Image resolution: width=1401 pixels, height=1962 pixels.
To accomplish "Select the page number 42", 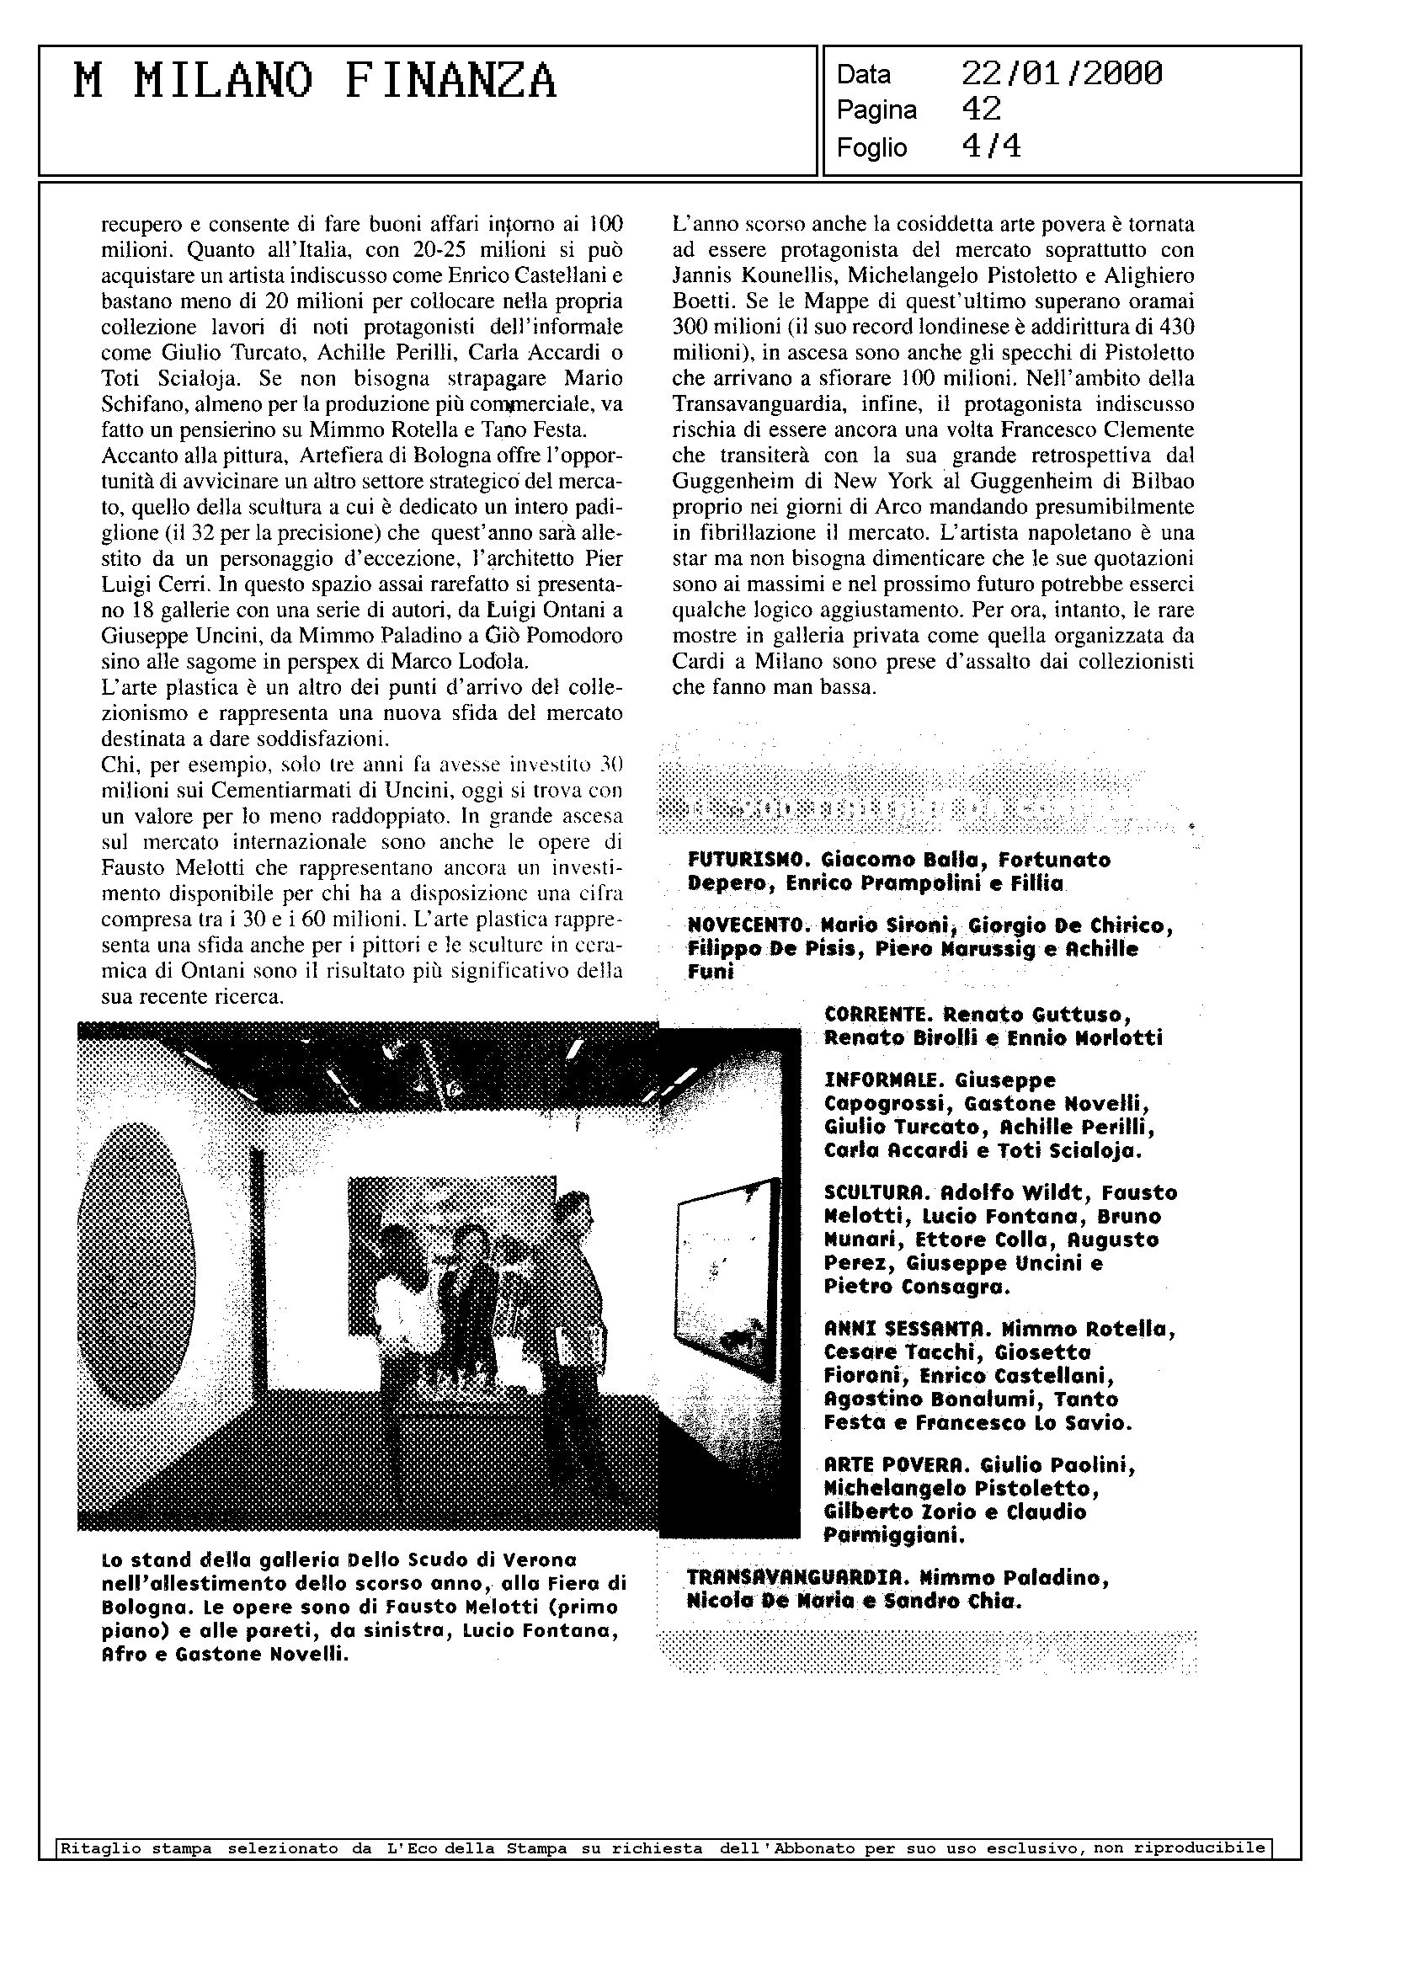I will [x=981, y=109].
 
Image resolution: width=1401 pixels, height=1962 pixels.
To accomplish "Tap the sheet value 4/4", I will [x=991, y=147].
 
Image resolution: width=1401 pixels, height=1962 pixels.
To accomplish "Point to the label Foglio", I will [x=871, y=148].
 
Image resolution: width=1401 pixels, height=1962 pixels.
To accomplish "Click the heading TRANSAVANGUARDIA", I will [x=798, y=1578].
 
